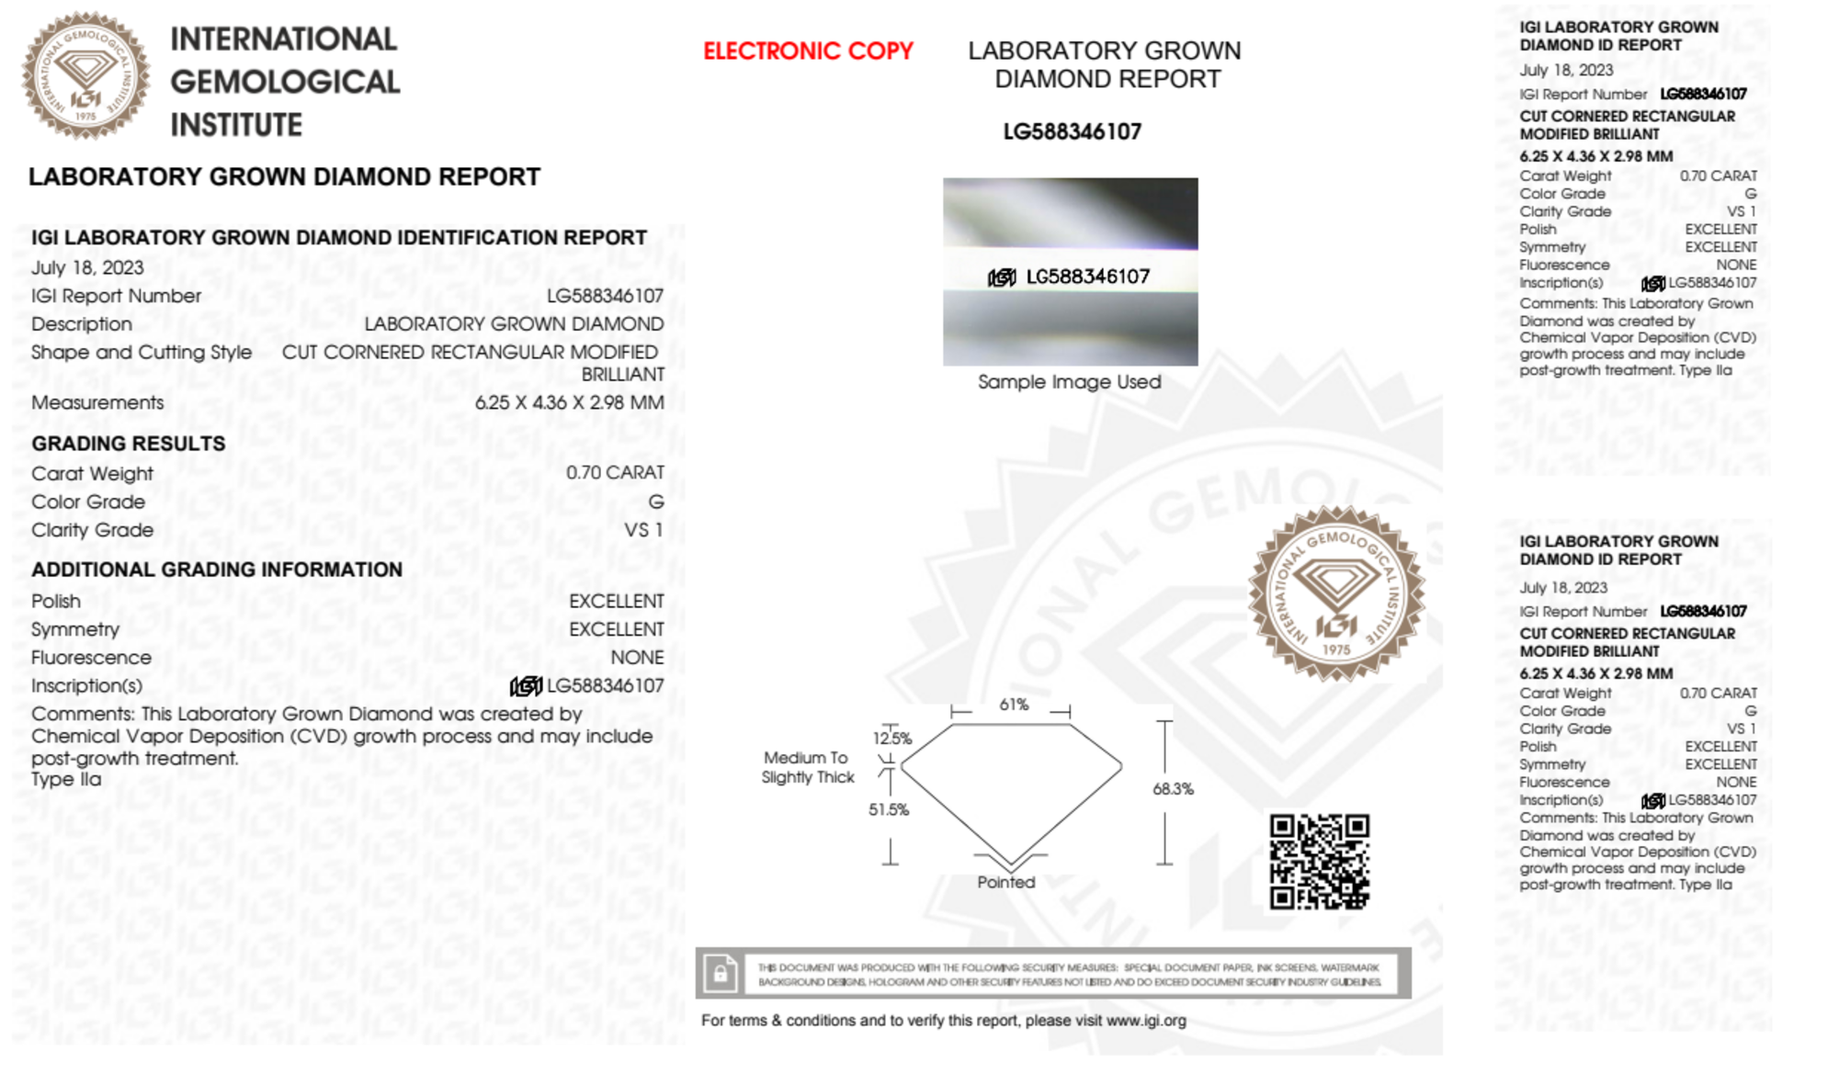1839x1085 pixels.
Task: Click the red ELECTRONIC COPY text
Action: click(808, 51)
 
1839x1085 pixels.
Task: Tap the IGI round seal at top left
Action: click(85, 75)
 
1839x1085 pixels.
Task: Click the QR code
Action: click(1319, 862)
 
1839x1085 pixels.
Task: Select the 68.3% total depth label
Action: click(1173, 789)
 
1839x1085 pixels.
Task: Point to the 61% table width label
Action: click(1014, 705)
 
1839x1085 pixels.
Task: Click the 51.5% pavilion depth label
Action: click(889, 809)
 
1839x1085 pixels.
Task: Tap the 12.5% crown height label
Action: click(892, 738)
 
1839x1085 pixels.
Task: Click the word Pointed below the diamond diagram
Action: click(1005, 882)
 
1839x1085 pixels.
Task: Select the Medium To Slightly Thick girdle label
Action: click(807, 767)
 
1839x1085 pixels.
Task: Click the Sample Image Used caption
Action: click(1069, 382)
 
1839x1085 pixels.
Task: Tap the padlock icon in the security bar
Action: click(720, 973)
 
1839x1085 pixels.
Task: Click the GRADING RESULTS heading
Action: click(129, 444)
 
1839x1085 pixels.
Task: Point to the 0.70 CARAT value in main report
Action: click(615, 472)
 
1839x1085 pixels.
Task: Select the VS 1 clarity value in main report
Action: click(643, 530)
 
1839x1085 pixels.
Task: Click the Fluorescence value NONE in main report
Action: click(637, 658)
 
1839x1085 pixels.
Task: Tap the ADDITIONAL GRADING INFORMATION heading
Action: click(217, 570)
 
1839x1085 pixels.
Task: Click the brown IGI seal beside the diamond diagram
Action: click(1336, 593)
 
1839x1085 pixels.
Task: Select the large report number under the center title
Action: click(1072, 132)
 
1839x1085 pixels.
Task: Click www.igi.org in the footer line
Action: click(1146, 1021)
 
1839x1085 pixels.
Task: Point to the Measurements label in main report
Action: click(97, 402)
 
